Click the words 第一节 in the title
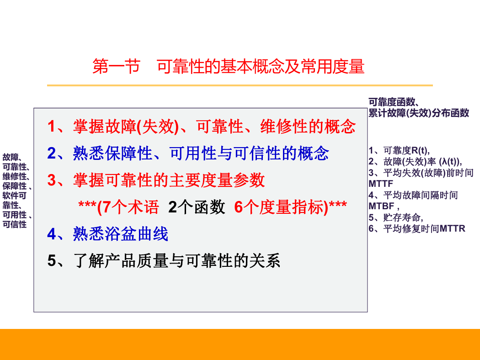click(116, 66)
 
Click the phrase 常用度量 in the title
click(332, 66)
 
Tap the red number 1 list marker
click(51, 127)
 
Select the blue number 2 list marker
click(51, 153)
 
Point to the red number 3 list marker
click(51, 180)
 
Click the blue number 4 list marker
click(51, 234)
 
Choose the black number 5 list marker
click(51, 261)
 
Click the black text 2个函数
click(197, 207)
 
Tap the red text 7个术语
click(131, 207)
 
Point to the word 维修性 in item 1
click(284, 127)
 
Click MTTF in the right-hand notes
click(381, 184)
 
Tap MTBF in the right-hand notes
click(381, 206)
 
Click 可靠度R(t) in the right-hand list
click(406, 150)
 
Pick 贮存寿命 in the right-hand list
click(402, 217)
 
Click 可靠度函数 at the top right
click(391, 102)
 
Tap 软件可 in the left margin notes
click(14, 196)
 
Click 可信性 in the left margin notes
click(14, 224)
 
